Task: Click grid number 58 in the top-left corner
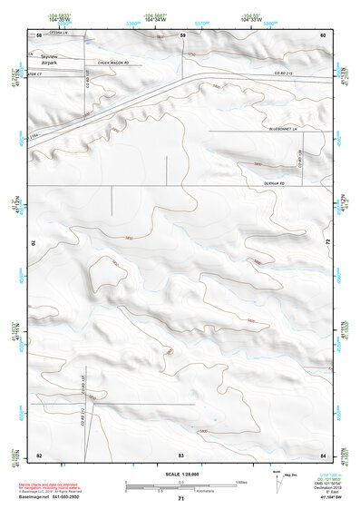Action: (x=39, y=34)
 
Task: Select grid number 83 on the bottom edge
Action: (x=181, y=454)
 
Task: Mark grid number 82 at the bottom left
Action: (x=39, y=454)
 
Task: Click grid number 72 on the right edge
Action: (x=326, y=243)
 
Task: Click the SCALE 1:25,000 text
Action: (x=180, y=474)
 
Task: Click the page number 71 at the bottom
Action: (x=180, y=499)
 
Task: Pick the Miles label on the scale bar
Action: (x=241, y=481)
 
